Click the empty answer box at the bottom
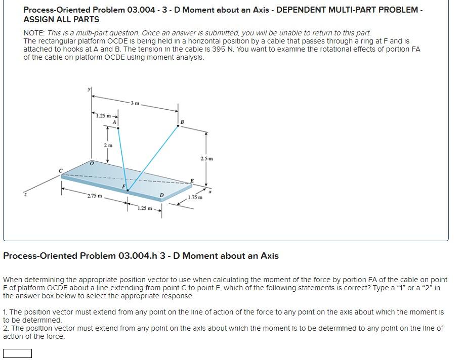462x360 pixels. tap(17, 353)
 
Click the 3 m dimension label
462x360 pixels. tap(134, 104)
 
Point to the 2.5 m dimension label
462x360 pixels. tap(207, 159)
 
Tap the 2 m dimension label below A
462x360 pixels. tap(108, 145)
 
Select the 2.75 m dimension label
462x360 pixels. tap(94, 196)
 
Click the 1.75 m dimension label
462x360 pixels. tap(195, 197)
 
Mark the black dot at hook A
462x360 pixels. tap(118, 128)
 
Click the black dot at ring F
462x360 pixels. tap(127, 191)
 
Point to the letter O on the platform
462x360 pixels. tap(92, 163)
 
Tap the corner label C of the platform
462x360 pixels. tap(61, 171)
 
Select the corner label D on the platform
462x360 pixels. tap(161, 195)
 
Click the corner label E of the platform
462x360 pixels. tap(192, 181)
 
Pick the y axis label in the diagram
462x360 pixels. tap(89, 89)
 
